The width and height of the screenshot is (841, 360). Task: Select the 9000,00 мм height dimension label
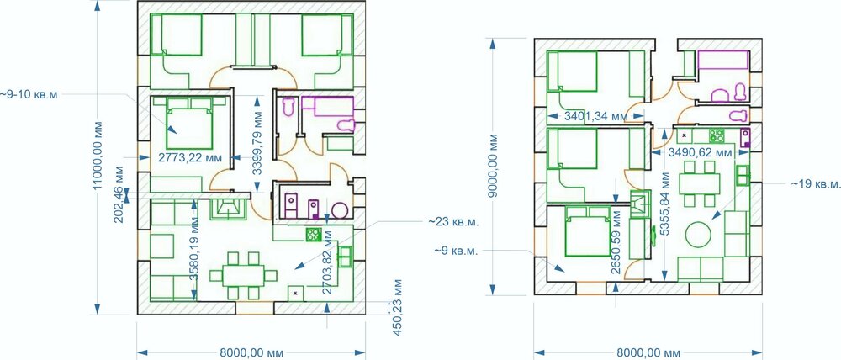click(494, 167)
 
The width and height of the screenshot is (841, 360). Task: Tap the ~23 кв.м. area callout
click(452, 221)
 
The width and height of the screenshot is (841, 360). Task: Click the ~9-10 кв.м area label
click(29, 94)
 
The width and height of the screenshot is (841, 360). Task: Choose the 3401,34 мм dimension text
click(595, 116)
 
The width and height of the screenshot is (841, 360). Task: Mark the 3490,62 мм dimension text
click(700, 153)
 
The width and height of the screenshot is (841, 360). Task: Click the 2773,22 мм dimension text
click(191, 157)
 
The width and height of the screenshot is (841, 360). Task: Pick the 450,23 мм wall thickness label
click(398, 307)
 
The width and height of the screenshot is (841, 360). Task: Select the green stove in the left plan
click(313, 234)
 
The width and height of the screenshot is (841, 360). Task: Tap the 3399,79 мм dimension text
click(258, 144)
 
